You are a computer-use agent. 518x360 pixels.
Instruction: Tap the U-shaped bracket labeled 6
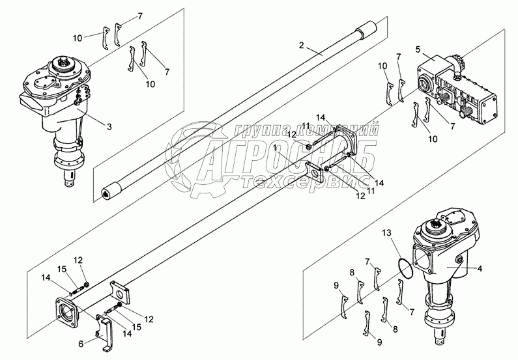106,326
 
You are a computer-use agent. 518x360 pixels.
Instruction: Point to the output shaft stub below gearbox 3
72,180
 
